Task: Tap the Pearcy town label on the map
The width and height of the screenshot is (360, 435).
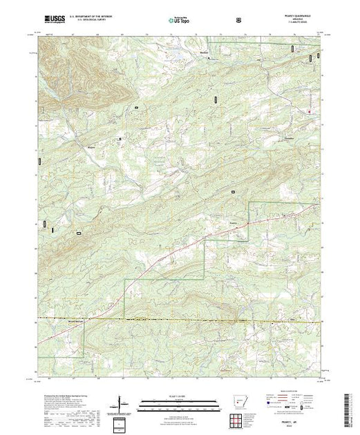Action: tap(234, 223)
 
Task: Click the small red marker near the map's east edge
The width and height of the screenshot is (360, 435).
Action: tap(309, 112)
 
